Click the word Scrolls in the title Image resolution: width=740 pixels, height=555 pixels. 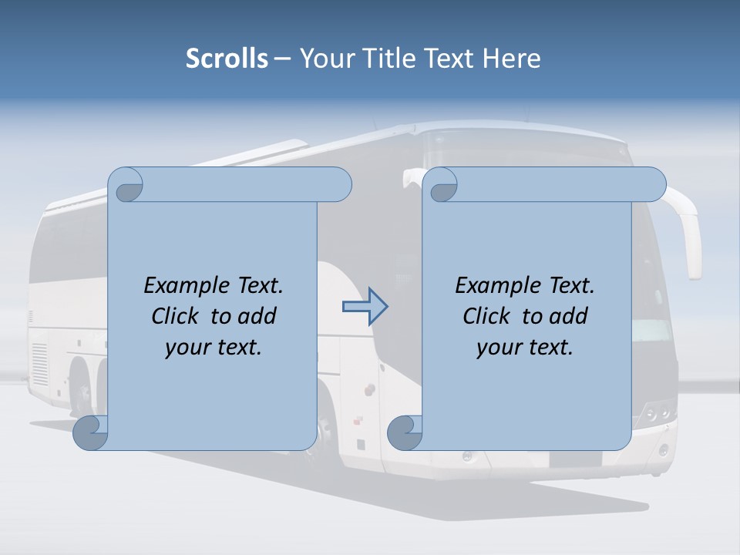click(227, 59)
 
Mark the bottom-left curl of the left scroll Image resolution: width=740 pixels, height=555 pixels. click(90, 433)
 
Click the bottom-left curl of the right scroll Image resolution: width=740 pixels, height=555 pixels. click(404, 433)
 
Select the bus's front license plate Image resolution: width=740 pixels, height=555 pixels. click(574, 459)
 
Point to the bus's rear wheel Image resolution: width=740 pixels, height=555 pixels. click(81, 385)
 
